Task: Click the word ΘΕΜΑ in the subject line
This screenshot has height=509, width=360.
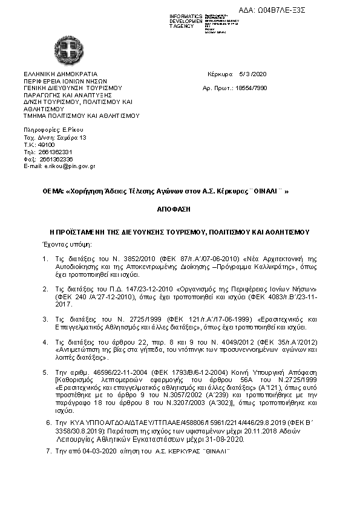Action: (x=53, y=191)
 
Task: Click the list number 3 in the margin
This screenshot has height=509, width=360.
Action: (x=45, y=318)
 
